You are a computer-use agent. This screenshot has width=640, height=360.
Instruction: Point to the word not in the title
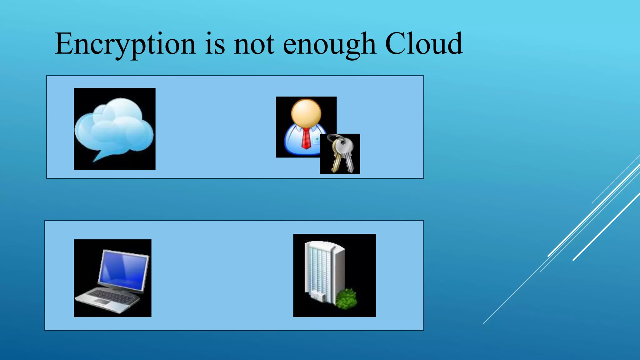click(x=254, y=44)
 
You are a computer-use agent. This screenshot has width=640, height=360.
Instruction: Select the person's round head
click(x=306, y=113)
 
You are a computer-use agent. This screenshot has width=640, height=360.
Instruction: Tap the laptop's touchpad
click(x=102, y=302)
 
